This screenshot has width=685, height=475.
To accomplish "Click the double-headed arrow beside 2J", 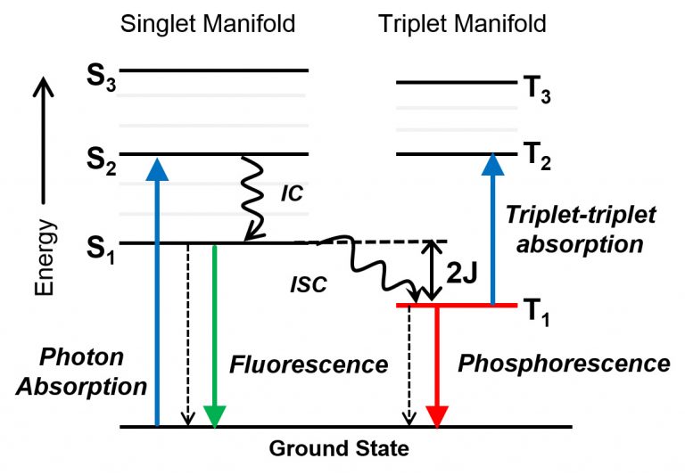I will [x=432, y=273].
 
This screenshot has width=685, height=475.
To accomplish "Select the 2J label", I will [x=462, y=274].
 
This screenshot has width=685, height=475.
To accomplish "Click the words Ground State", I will [x=339, y=448].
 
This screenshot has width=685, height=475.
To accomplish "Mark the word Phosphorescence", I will [x=563, y=363].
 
